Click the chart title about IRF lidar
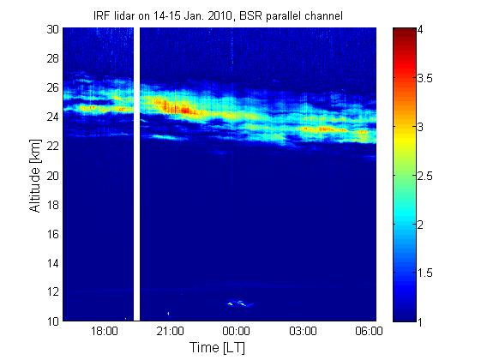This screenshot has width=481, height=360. [x=218, y=16]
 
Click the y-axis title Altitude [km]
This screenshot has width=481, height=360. [x=35, y=176]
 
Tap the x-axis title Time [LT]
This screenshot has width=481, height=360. [x=218, y=348]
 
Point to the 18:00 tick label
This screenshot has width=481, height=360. [x=105, y=331]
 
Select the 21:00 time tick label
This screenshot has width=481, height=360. [x=171, y=331]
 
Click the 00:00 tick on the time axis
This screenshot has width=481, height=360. [x=236, y=331]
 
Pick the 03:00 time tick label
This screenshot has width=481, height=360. [x=303, y=331]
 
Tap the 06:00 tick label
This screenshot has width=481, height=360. [x=369, y=331]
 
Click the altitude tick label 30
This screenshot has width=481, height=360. [x=53, y=29]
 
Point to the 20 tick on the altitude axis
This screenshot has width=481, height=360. [x=53, y=176]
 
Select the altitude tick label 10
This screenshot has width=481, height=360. [x=53, y=321]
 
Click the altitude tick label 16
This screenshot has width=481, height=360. [x=53, y=234]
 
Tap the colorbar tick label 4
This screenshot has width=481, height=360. [x=420, y=30]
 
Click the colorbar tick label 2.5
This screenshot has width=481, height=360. [x=425, y=176]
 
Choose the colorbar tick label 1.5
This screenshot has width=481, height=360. [x=425, y=273]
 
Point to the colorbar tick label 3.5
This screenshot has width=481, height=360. [x=425, y=79]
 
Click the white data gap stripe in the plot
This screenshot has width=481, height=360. [x=137, y=174]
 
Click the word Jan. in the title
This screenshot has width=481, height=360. [x=195, y=16]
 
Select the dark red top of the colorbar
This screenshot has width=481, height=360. [x=405, y=31]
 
